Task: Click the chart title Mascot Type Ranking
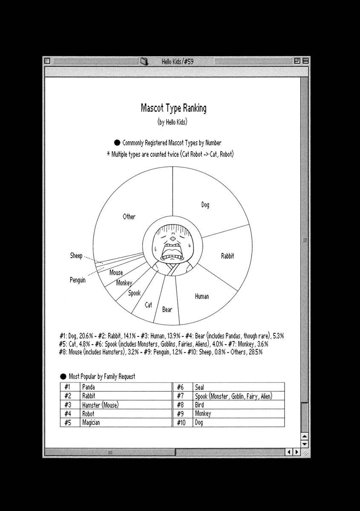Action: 173,108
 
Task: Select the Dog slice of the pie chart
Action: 205,205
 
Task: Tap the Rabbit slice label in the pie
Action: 227,256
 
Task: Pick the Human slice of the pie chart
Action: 202,296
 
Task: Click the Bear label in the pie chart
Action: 167,310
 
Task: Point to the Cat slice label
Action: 148,305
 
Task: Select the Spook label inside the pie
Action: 134,293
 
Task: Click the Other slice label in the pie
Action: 129,217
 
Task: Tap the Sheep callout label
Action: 76,256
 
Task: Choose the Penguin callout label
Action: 78,280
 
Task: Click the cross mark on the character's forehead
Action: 172,240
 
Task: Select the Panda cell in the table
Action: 89,387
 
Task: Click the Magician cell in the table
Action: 91,423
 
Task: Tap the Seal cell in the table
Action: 199,387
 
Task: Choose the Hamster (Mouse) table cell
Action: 100,405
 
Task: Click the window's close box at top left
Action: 48,61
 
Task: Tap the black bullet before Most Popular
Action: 63,376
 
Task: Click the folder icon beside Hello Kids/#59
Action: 144,61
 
